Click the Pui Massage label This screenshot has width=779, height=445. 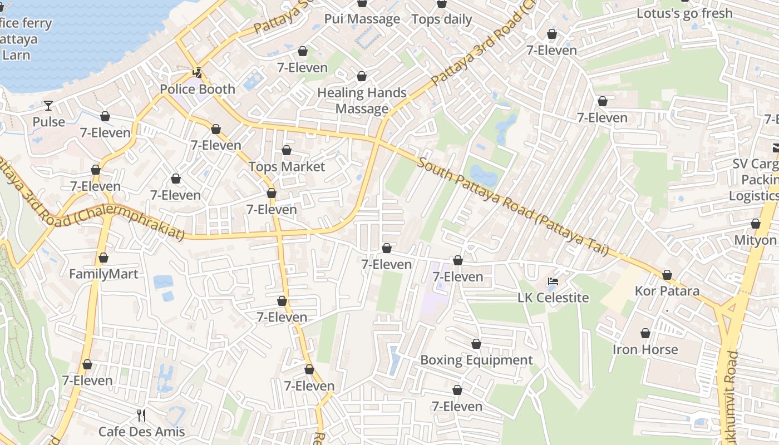[362, 19]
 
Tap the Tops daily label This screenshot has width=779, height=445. [442, 19]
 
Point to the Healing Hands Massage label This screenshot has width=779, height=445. [362, 100]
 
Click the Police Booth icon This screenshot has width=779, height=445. [197, 72]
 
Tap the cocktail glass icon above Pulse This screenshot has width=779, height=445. [49, 105]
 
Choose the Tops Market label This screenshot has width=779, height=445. [287, 166]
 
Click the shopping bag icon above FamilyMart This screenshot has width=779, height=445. [103, 258]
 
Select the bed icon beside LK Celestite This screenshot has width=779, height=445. [553, 281]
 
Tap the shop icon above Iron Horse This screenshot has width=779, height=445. [645, 333]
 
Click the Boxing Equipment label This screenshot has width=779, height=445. [476, 360]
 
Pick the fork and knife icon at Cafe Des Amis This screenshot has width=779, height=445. [141, 415]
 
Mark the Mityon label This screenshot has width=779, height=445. [755, 240]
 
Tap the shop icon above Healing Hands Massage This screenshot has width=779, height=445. [362, 76]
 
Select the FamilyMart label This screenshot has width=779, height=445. [103, 274]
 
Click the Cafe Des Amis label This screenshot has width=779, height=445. [141, 432]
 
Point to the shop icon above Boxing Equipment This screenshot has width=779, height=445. [476, 344]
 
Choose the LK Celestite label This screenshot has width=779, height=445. [553, 298]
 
